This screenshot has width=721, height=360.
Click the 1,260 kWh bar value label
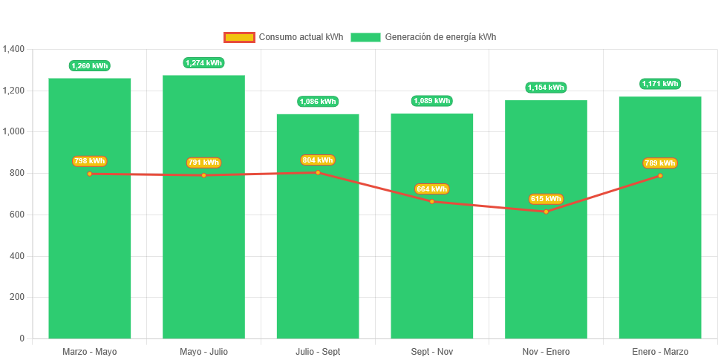pos(89,66)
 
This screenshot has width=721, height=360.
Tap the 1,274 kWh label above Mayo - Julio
pos(203,63)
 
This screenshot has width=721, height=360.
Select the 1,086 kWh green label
pos(318,102)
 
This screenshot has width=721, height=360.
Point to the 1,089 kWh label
pos(432,101)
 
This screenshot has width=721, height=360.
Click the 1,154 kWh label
pos(546,88)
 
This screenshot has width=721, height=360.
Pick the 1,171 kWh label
pos(660,84)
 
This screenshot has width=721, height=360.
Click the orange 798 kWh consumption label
pos(89,161)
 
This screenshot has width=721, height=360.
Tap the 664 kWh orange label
pos(432,189)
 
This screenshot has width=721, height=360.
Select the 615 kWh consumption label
pos(546,199)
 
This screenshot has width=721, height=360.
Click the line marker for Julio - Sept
pos(318,172)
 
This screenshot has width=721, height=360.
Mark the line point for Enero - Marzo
pos(660,176)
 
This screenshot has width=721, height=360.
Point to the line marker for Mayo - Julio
pos(203,175)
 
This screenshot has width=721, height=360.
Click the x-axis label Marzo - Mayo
pos(89,351)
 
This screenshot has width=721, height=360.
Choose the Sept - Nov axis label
pos(432,351)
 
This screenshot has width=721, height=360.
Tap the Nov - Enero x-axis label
pos(546,351)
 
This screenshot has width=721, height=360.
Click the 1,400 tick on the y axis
pos(13,49)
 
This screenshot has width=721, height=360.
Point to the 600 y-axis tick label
pos(16,215)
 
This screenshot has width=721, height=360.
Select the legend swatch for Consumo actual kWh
pos(239,37)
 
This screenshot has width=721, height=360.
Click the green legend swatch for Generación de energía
pos(365,37)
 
